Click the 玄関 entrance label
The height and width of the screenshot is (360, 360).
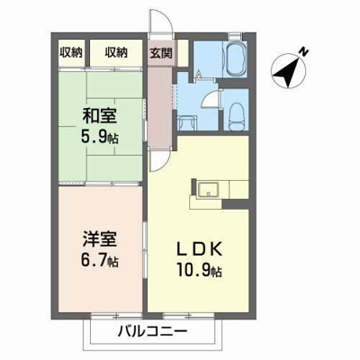pyautogui.click(x=162, y=53)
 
